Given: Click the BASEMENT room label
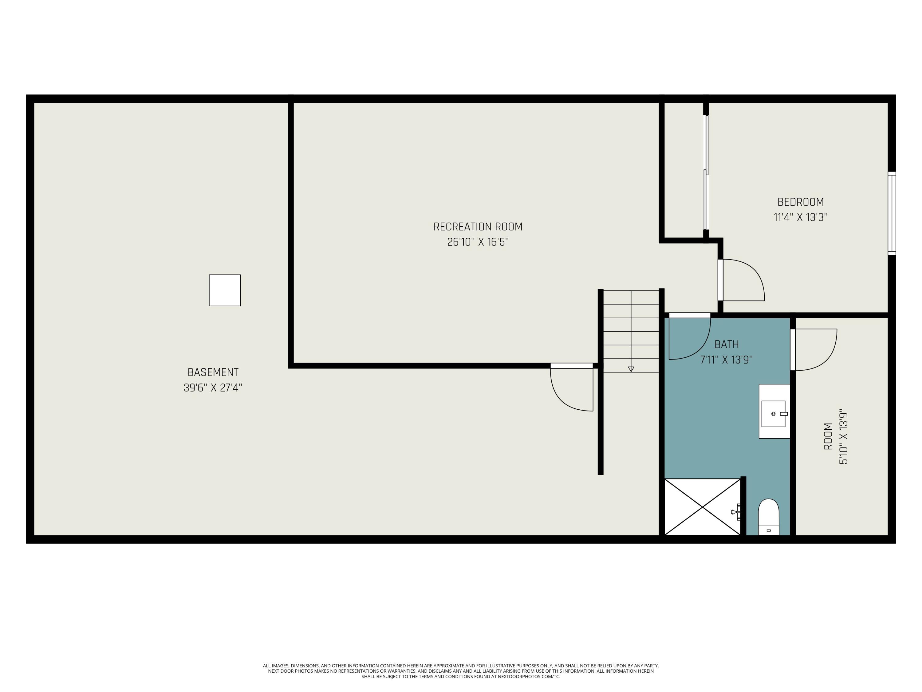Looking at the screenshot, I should [213, 372].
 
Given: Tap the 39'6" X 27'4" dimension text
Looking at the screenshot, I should [213, 388].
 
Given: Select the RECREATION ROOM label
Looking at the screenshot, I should [478, 227].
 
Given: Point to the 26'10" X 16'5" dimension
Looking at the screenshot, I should [478, 242].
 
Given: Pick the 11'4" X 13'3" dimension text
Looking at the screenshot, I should [800, 218].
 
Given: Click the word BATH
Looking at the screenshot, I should [727, 344].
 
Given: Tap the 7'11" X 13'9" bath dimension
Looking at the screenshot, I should [726, 360].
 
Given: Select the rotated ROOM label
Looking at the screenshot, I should [828, 436].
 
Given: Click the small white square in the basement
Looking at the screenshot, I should [225, 290].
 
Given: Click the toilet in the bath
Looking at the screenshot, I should [768, 517].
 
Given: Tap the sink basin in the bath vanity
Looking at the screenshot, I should [773, 414].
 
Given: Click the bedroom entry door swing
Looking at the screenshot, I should [742, 280].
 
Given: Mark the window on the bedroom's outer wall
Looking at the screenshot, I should [892, 213].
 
